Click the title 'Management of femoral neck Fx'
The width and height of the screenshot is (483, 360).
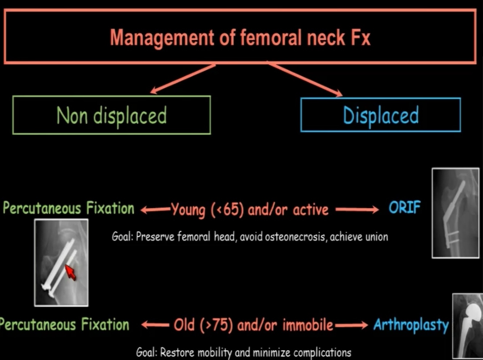click(240, 38)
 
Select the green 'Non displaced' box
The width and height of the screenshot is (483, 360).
click(112, 116)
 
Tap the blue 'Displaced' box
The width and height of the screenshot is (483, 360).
click(381, 115)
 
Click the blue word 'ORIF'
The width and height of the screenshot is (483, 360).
click(404, 208)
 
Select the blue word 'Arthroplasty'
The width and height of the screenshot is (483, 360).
click(411, 325)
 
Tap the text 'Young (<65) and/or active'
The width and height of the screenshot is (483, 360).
click(249, 210)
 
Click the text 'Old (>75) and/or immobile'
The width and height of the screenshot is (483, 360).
click(253, 325)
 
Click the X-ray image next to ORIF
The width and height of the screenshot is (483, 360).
click(455, 213)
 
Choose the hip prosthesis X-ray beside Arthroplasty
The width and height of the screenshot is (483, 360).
click(468, 326)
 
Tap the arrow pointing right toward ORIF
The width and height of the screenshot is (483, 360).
click(357, 209)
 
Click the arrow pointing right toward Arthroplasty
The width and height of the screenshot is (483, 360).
click(351, 325)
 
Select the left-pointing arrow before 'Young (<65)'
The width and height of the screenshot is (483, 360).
click(155, 210)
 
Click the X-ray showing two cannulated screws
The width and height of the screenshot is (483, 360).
click(61, 262)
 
